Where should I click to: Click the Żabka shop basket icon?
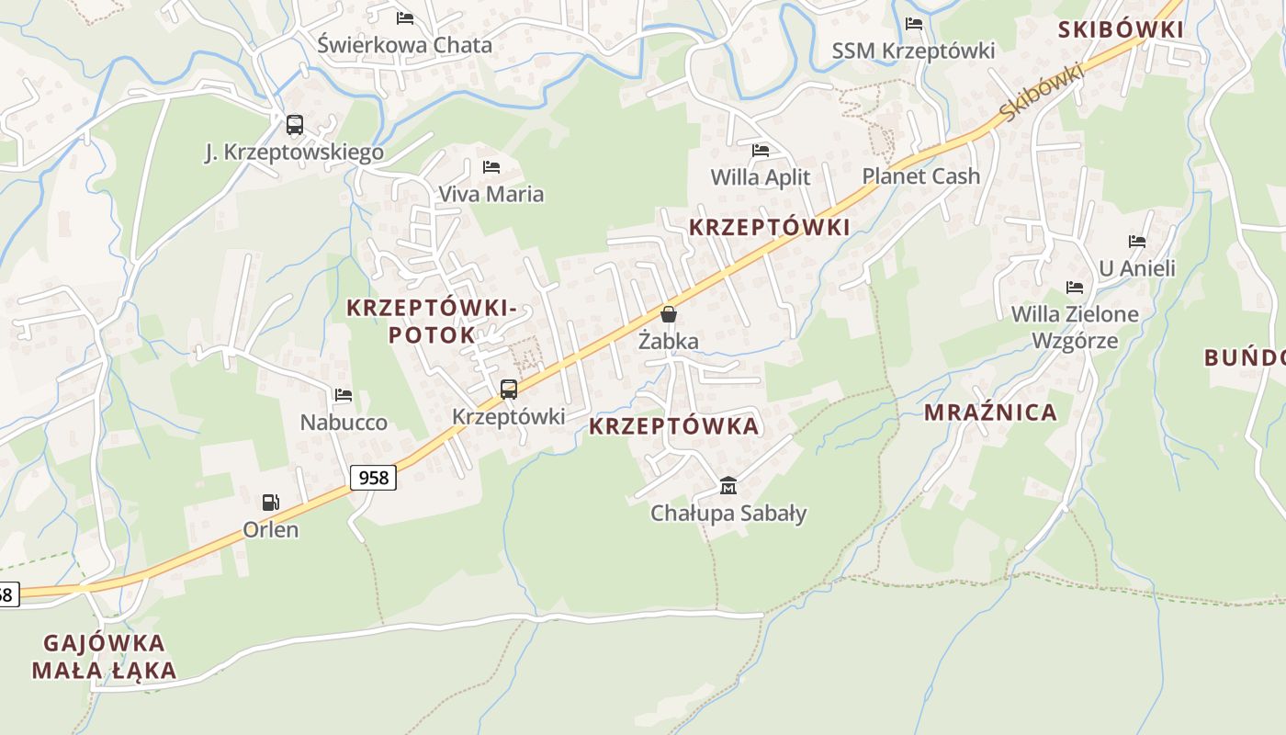[669, 314]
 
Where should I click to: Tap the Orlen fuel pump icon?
[271, 503]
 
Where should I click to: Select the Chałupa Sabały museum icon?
[728, 485]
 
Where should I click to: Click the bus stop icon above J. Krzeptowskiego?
[294, 125]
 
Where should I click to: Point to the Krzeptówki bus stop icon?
[509, 389]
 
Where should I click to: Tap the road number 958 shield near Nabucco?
[373, 477]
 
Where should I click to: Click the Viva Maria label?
[491, 194]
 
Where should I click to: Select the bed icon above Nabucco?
[344, 395]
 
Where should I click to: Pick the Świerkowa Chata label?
[405, 44]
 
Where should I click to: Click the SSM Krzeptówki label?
[913, 51]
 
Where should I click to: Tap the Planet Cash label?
[920, 175]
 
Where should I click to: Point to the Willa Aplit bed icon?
[761, 150]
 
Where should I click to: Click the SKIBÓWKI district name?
[1121, 29]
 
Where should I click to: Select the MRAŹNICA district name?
[990, 412]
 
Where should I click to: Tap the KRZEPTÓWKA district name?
[674, 426]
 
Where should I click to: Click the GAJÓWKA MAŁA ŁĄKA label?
[104, 656]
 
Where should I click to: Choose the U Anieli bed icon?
[1137, 242]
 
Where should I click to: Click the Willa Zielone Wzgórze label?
[1075, 327]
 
